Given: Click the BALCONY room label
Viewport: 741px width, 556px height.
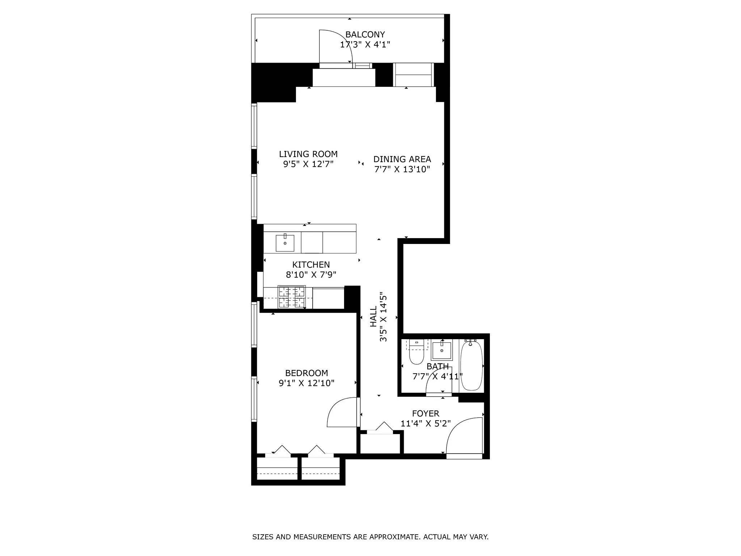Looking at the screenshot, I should coord(365,35).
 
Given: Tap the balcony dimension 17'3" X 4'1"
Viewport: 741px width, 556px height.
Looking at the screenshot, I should coord(365,45).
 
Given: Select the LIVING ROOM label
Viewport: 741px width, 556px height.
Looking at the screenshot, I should coord(308,154).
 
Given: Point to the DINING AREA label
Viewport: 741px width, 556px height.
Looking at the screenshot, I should coord(402,159).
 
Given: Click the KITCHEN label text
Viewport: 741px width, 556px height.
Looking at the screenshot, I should coord(311,265).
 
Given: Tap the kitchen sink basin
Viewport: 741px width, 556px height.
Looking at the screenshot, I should coord(285,243).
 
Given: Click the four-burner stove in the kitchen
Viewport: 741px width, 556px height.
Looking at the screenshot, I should coord(292,297).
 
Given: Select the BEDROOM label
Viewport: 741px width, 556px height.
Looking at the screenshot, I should coord(306,373).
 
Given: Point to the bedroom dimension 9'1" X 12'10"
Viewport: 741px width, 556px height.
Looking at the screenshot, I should coord(306,383).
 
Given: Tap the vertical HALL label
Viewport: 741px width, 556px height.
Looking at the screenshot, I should coord(373,316).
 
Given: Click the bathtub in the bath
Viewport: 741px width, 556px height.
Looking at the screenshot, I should coord(471,366).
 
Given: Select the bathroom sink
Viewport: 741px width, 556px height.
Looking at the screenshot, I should coord(442,350).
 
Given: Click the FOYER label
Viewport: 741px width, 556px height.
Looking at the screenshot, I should coord(425,413).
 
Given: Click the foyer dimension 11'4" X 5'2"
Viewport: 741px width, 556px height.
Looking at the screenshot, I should coord(425,424).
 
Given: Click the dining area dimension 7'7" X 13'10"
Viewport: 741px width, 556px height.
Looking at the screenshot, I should coord(402,169).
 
